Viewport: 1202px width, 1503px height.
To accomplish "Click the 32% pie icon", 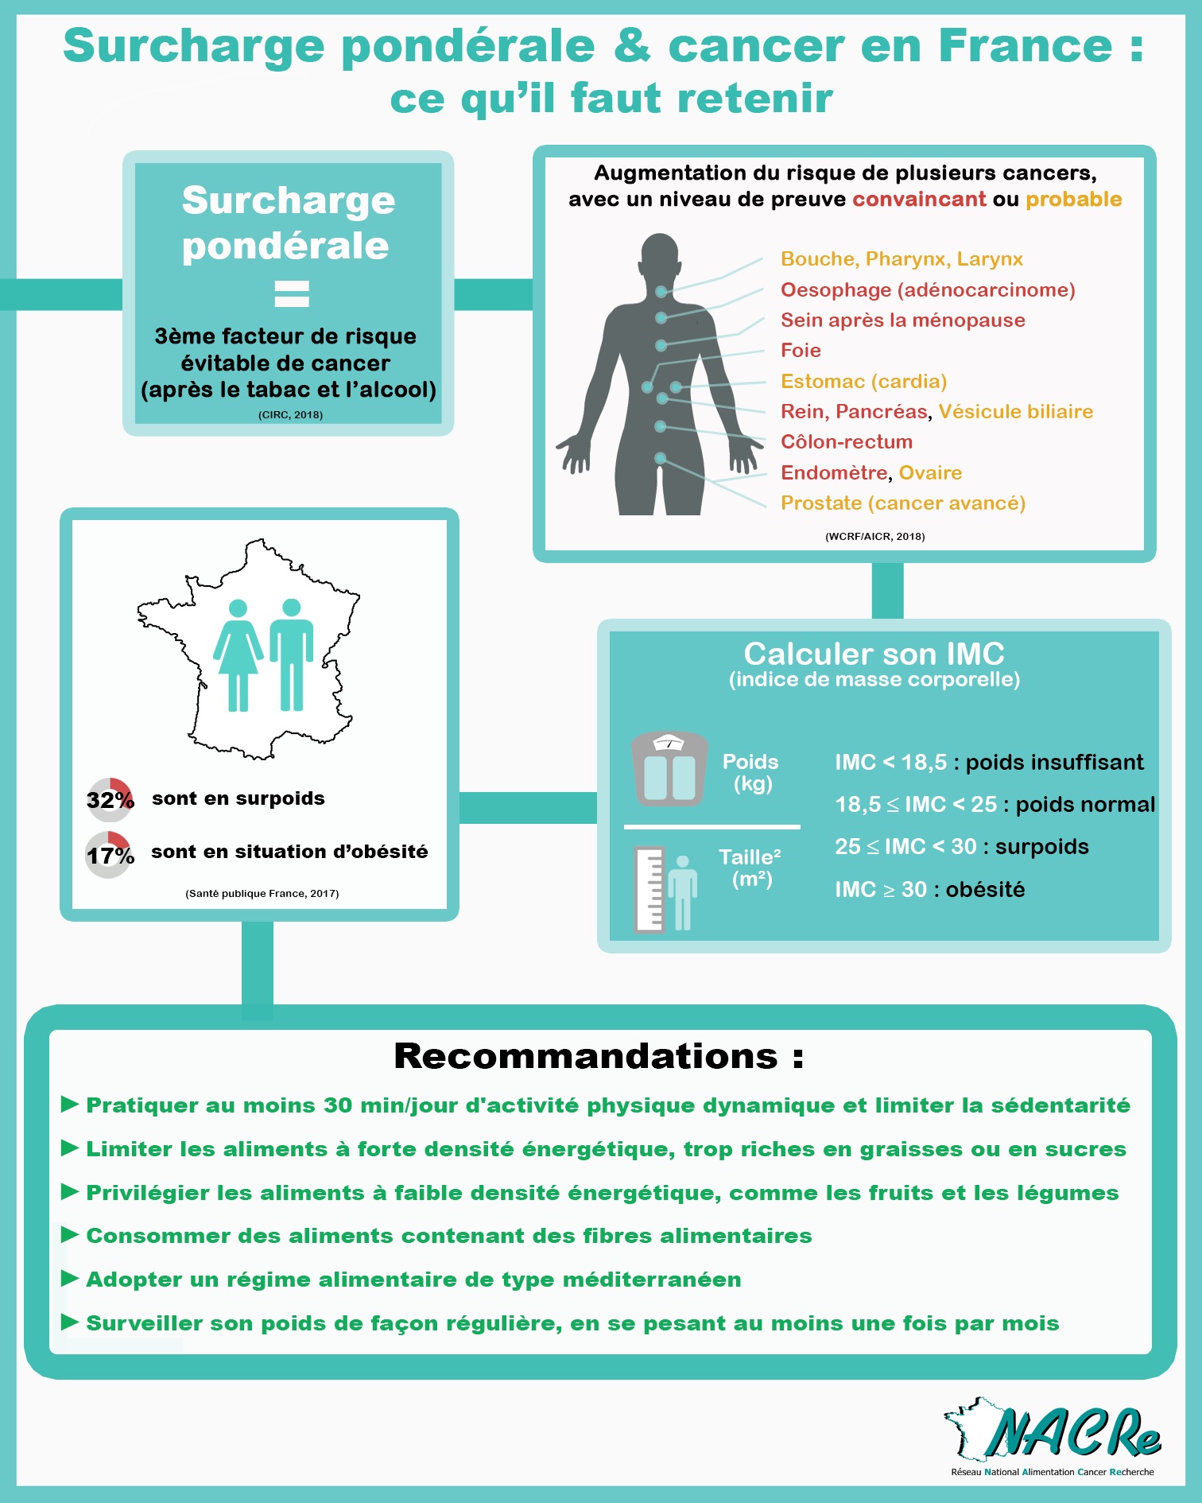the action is pyautogui.click(x=109, y=800).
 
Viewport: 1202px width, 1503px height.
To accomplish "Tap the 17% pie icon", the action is pyautogui.click(x=108, y=855).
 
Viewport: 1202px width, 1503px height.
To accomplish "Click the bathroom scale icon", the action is pyautogui.click(x=669, y=769).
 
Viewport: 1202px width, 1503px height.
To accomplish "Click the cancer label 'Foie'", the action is pyautogui.click(x=801, y=351).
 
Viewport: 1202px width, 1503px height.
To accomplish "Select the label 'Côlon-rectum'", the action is pyautogui.click(x=847, y=441).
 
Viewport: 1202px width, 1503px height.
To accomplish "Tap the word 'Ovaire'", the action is pyautogui.click(x=930, y=472).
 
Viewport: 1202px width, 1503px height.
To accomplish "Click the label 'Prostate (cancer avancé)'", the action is pyautogui.click(x=903, y=503).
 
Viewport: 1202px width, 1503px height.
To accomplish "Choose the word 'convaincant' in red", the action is pyautogui.click(x=919, y=199).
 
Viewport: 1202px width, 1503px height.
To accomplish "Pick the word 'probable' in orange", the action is pyautogui.click(x=1074, y=200).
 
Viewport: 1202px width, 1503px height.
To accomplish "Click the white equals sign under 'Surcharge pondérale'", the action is pyautogui.click(x=292, y=293).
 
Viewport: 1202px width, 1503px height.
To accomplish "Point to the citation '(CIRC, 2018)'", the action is pyautogui.click(x=290, y=415).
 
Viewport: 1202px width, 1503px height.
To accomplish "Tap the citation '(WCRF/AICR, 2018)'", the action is pyautogui.click(x=874, y=537).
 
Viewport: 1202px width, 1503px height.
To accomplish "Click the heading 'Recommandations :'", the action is pyautogui.click(x=599, y=1056).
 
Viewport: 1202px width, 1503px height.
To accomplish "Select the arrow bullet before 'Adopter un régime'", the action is pyautogui.click(x=70, y=1278).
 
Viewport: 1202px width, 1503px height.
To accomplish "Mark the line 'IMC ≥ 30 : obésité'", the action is pyautogui.click(x=929, y=889).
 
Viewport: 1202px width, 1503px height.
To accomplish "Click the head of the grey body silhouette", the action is pyautogui.click(x=660, y=252).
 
